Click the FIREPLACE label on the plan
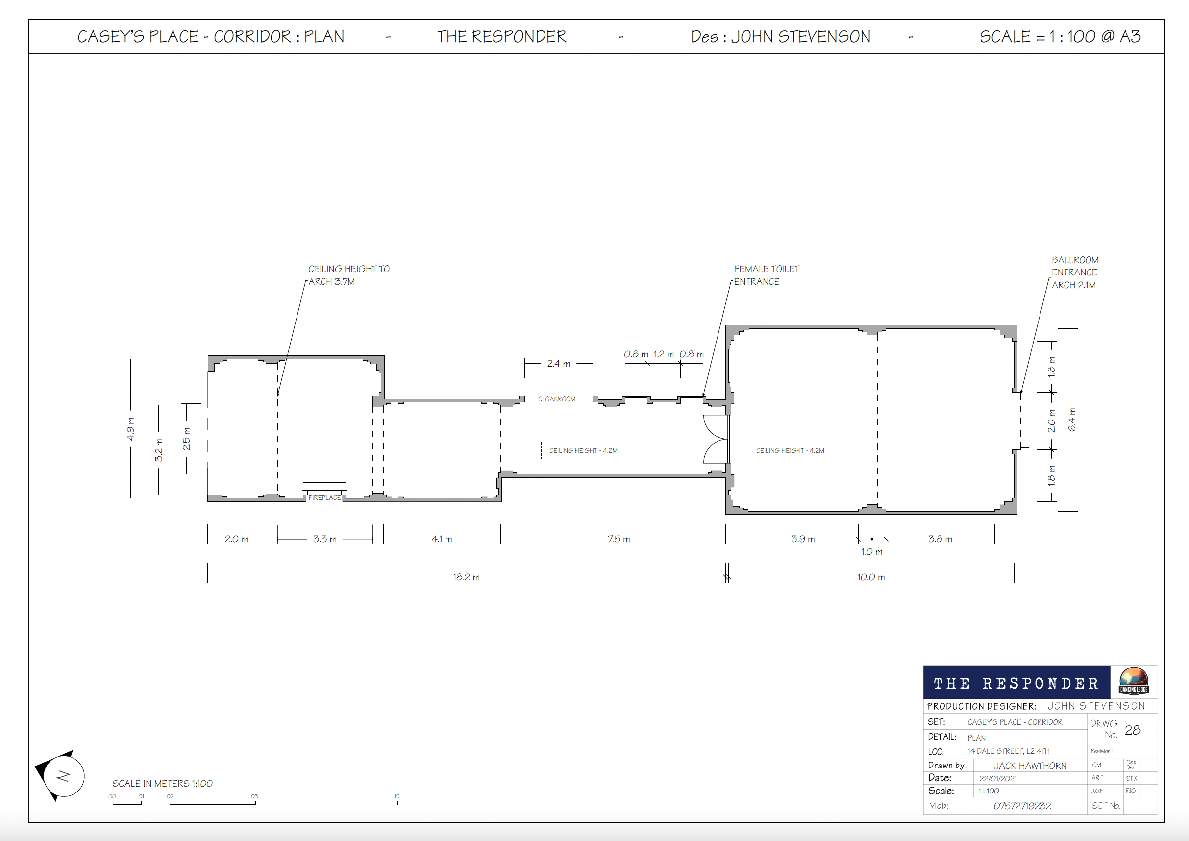pyautogui.click(x=325, y=497)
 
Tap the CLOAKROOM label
pyautogui.click(x=557, y=399)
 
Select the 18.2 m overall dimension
pyautogui.click(x=466, y=577)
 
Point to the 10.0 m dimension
pyautogui.click(x=871, y=577)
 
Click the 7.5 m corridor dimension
pyautogui.click(x=619, y=539)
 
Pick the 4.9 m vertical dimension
pyautogui.click(x=130, y=429)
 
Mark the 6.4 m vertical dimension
pyautogui.click(x=1071, y=420)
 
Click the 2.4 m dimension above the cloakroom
pyautogui.click(x=558, y=364)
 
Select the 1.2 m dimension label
pyautogui.click(x=664, y=354)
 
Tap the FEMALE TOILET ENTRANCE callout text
pyautogui.click(x=767, y=275)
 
